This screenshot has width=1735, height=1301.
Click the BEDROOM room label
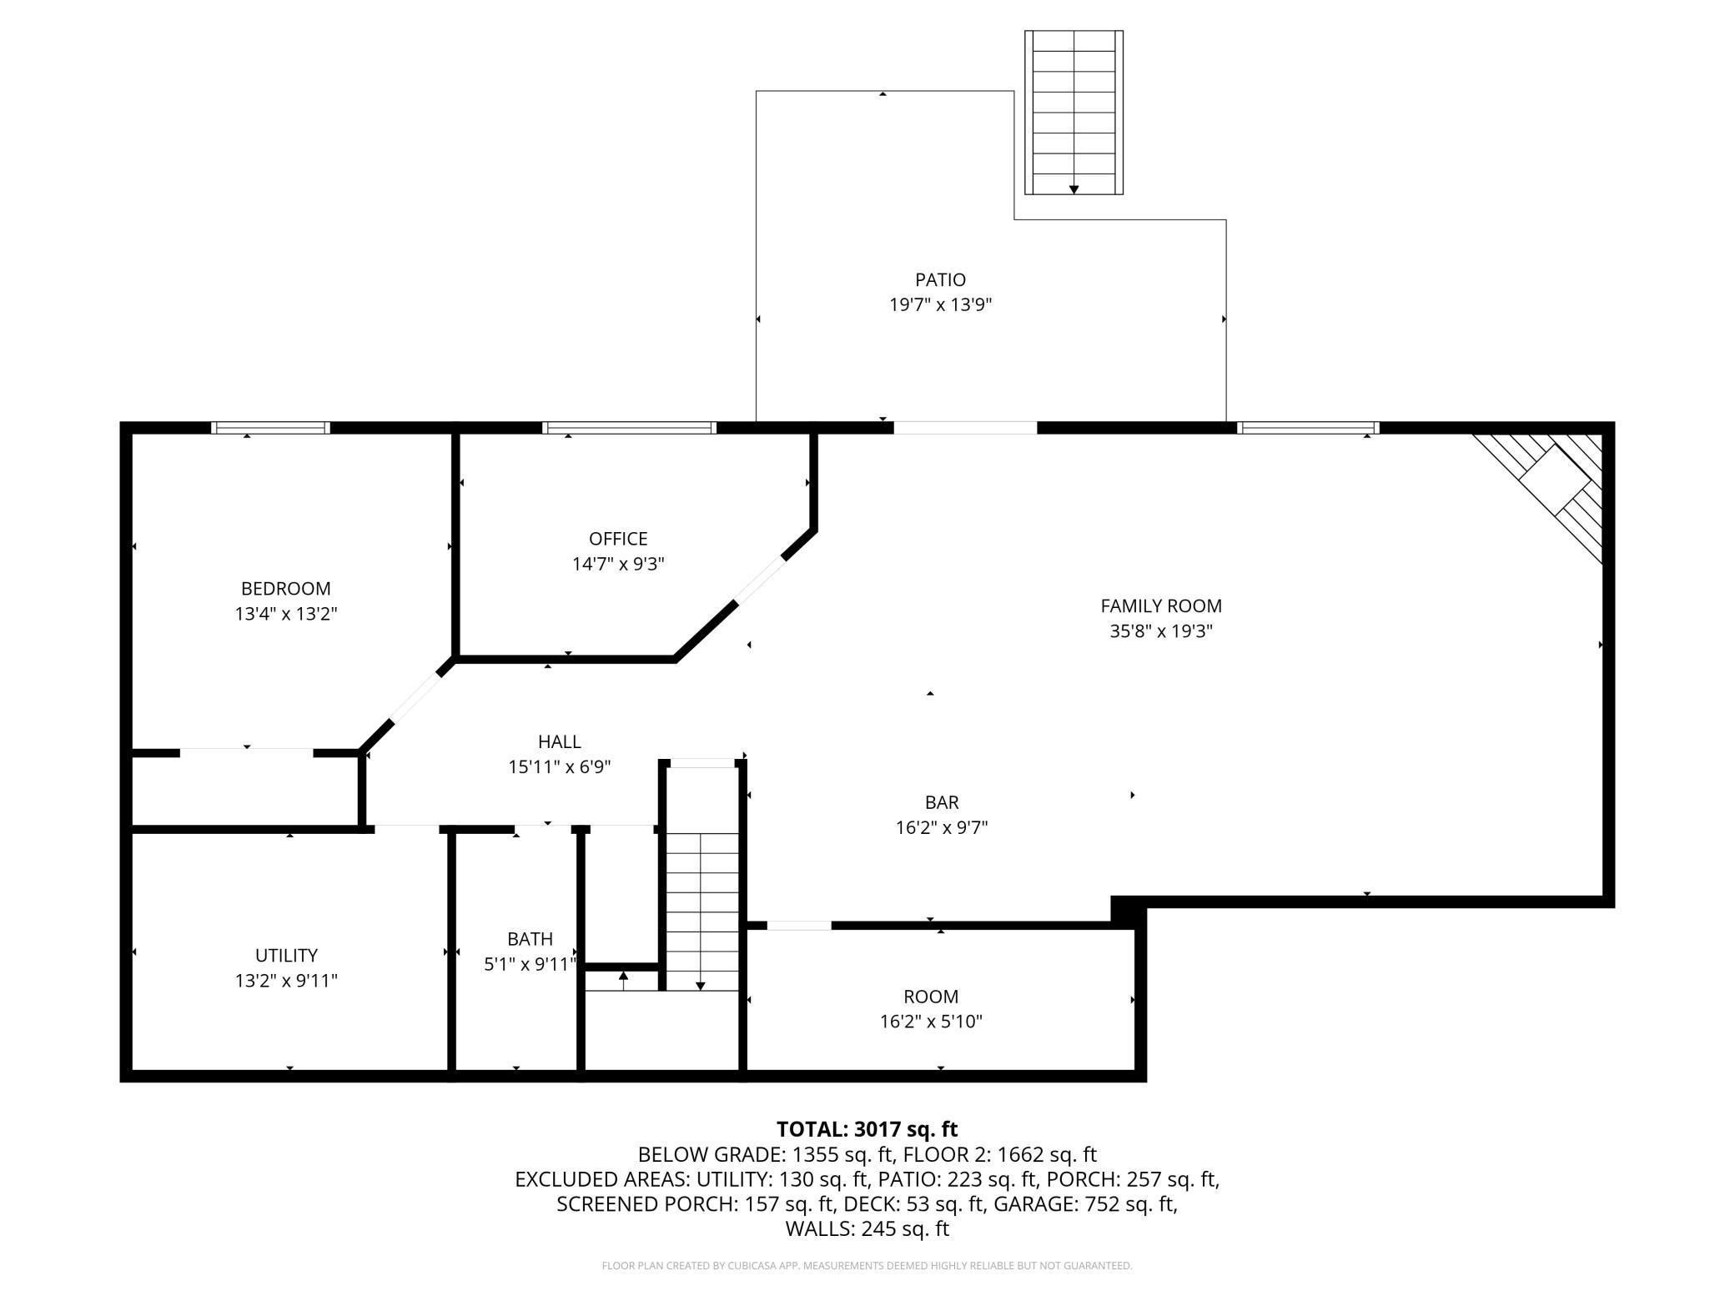(x=285, y=589)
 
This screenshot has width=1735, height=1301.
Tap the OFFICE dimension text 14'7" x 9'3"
(x=617, y=564)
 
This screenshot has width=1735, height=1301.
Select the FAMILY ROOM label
(x=1160, y=606)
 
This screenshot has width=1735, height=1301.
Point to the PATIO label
(x=940, y=280)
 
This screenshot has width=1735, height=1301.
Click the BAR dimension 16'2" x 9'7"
(x=942, y=827)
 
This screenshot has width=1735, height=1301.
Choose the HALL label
(x=559, y=741)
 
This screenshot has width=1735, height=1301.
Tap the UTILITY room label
(x=285, y=955)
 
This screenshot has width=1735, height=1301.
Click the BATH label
(x=530, y=939)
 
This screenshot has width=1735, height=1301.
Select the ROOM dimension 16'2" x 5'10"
(x=931, y=1022)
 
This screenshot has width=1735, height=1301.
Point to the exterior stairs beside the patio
(x=1074, y=113)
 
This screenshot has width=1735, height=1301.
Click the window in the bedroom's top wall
(x=270, y=428)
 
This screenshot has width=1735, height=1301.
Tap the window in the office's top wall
(x=629, y=428)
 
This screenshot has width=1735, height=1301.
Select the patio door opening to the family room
(x=965, y=428)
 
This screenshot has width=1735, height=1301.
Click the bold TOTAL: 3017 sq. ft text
(x=867, y=1129)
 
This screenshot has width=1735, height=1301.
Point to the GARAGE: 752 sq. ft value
(x=1109, y=1204)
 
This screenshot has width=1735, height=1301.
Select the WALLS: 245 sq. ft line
(x=867, y=1228)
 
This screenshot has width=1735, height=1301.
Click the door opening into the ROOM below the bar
(x=798, y=925)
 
